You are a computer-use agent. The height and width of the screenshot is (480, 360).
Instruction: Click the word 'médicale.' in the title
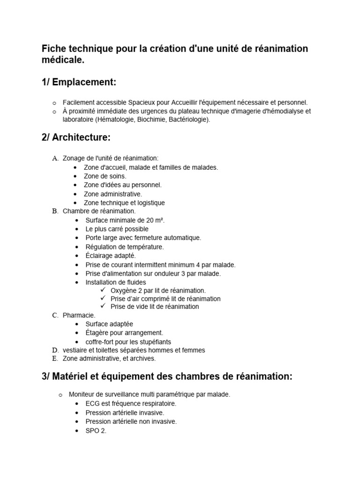[63, 60]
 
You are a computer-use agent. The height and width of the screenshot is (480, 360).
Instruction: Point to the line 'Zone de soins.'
[105, 176]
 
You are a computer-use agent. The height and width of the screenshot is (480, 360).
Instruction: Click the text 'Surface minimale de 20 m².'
[125, 220]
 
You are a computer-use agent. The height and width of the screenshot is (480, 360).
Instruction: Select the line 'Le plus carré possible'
[117, 229]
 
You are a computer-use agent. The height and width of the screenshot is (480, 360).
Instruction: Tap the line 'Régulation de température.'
[124, 247]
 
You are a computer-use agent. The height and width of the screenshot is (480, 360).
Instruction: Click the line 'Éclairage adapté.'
[111, 255]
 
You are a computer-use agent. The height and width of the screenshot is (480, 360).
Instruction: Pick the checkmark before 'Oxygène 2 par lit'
[103, 291]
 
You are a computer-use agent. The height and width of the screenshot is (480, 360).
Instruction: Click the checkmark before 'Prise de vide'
[103, 307]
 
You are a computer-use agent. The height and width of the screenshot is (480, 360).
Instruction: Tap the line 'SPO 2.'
[96, 430]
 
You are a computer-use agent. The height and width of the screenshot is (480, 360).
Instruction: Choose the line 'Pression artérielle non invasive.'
[131, 421]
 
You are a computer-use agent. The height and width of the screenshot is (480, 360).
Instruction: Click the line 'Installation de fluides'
[116, 282]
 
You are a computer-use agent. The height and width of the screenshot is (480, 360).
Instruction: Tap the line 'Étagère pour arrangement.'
[124, 333]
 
